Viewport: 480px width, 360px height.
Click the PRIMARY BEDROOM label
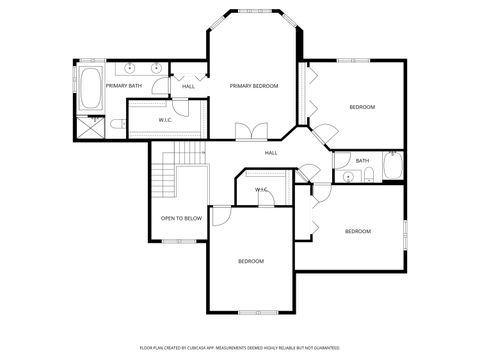pyautogui.click(x=253, y=86)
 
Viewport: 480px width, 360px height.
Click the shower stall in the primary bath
pyautogui.click(x=90, y=127)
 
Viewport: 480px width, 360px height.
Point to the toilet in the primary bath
pyautogui.click(x=115, y=124)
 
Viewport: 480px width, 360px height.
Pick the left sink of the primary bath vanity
pyautogui.click(x=131, y=68)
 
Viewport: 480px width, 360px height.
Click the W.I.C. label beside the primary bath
pyautogui.click(x=166, y=121)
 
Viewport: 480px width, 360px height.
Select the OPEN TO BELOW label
pyautogui.click(x=181, y=218)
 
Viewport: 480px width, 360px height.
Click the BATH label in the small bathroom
pyautogui.click(x=361, y=160)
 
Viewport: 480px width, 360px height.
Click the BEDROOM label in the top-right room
pyautogui.click(x=361, y=106)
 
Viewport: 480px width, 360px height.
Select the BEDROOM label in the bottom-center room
pyautogui.click(x=250, y=261)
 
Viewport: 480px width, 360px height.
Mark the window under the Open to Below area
pyautogui.click(x=180, y=241)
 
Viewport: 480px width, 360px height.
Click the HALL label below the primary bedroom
pyautogui.click(x=271, y=153)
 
